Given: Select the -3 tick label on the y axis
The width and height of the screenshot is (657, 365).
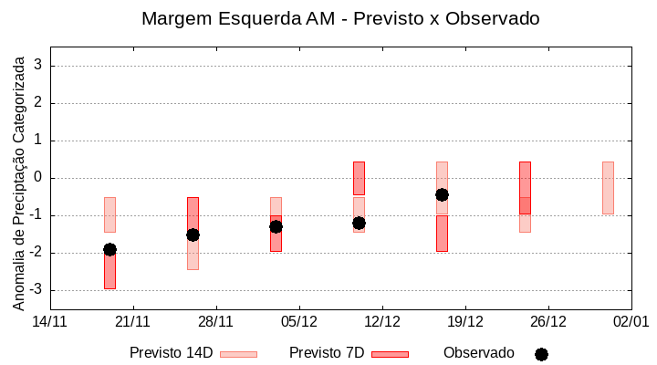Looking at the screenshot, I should [36, 290].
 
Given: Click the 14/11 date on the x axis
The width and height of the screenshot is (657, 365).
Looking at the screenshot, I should [50, 321].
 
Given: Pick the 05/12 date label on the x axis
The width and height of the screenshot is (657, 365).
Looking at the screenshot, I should [299, 321].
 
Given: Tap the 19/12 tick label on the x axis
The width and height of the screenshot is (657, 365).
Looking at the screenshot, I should [465, 321].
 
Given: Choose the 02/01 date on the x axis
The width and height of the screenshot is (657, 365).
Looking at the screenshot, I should [631, 321].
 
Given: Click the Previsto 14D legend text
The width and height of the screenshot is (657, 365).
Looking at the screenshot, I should [171, 353].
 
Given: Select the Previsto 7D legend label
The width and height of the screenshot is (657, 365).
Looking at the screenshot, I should [327, 353].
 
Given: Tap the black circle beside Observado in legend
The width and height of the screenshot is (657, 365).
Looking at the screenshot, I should [541, 354].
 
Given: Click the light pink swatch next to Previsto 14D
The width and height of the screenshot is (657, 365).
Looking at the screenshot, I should [238, 354].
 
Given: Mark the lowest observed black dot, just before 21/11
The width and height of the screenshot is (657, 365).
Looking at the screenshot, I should [109, 249].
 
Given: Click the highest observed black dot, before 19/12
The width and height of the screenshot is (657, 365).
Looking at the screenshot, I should [442, 194].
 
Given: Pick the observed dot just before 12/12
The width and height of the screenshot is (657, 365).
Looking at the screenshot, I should [359, 223].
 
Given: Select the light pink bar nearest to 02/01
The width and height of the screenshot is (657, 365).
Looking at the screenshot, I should [608, 187].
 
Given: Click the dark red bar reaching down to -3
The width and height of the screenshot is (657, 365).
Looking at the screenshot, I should [109, 271].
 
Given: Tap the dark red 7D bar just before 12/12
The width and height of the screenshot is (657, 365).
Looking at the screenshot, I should [359, 178].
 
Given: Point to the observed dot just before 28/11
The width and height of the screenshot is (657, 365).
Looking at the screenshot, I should [193, 235].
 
